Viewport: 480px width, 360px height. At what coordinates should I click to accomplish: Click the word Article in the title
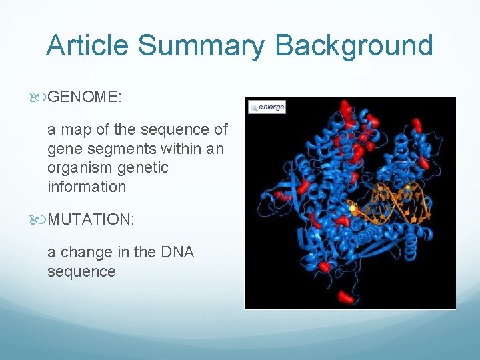[x=88, y=45]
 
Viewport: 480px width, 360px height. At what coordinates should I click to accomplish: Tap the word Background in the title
[x=354, y=45]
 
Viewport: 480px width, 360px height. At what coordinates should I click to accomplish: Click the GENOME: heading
[x=85, y=97]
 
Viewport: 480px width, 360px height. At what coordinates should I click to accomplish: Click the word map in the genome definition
[x=76, y=129]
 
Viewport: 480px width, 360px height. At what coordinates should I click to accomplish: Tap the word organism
[x=79, y=168]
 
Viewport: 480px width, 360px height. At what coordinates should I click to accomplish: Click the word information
[x=87, y=187]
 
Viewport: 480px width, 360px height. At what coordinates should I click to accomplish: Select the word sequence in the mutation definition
[x=81, y=271]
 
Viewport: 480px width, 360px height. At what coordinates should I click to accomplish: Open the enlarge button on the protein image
[x=267, y=107]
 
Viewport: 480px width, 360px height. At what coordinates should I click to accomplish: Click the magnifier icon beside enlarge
[x=254, y=107]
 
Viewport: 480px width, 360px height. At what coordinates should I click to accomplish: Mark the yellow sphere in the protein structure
[x=353, y=209]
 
